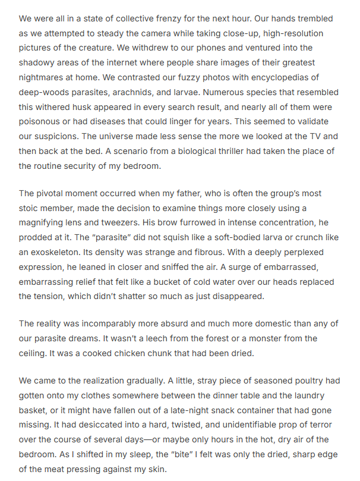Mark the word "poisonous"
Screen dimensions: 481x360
[40, 122]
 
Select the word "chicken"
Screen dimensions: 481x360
[157, 353]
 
